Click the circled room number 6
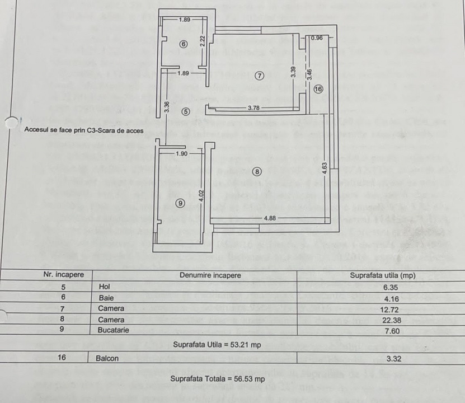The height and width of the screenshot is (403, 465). (x=183, y=44)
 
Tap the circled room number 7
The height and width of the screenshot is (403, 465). (x=259, y=76)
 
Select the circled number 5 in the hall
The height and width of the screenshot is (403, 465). (x=186, y=111)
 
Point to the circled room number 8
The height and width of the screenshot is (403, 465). (x=257, y=172)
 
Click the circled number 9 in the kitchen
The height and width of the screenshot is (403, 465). (x=180, y=203)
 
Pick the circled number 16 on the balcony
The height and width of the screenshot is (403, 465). (x=318, y=88)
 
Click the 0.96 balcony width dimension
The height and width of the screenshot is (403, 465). (x=317, y=38)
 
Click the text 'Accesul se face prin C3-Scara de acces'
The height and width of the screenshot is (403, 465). (x=84, y=130)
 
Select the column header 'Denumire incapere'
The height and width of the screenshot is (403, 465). (x=210, y=275)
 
